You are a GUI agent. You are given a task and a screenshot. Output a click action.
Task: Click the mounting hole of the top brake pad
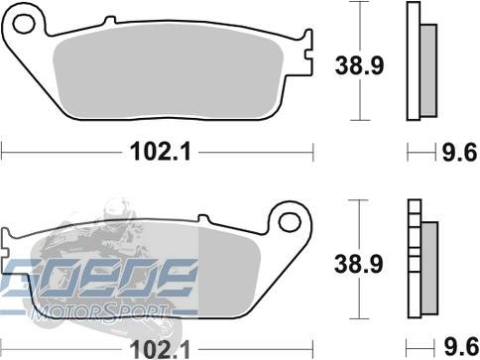point(24,24)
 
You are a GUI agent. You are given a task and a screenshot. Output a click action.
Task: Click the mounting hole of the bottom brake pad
point(290,222)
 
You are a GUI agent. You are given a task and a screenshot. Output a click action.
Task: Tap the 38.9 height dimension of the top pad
point(359,65)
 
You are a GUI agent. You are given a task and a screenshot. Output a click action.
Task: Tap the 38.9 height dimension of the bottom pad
point(359,264)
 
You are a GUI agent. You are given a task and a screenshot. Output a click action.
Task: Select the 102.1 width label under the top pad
point(161,152)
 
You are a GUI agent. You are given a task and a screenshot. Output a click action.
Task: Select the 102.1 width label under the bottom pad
point(160,350)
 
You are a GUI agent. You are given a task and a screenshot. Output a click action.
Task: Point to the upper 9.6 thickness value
point(460,152)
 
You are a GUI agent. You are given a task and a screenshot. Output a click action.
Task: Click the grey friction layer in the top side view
point(428,70)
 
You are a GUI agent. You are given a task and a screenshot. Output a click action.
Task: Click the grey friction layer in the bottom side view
point(429,268)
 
